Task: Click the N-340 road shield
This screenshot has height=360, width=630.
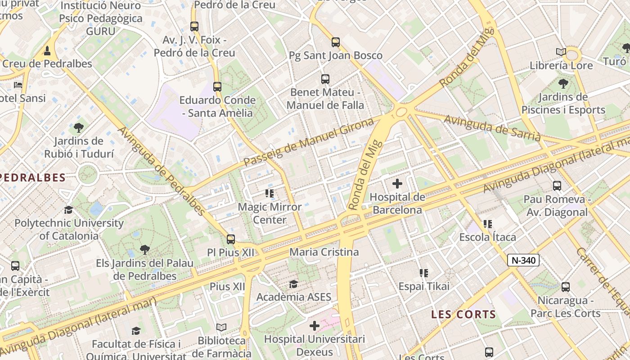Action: point(523,260)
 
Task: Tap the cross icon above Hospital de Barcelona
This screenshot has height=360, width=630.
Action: point(397,184)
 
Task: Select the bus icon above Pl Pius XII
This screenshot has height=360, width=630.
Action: point(231,239)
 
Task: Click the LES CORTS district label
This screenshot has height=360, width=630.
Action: point(463,315)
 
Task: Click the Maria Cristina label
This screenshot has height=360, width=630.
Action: point(324,252)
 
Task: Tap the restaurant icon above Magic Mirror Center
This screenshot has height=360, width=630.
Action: point(270,194)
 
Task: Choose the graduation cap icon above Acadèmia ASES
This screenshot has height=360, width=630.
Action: point(293,284)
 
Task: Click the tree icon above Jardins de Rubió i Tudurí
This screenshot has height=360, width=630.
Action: point(79,128)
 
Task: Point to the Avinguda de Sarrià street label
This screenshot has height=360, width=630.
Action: point(492,128)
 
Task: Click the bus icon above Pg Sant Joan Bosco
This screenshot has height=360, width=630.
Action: point(335,42)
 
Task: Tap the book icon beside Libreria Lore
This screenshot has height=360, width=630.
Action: point(561,52)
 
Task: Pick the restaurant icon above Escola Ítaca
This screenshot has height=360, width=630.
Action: point(487,224)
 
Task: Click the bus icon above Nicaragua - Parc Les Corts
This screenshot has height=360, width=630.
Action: point(566,287)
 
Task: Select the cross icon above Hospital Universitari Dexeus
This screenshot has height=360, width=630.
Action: point(315,325)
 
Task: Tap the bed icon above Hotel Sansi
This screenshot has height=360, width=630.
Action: point(18,85)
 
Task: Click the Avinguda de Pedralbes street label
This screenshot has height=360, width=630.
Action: point(162,171)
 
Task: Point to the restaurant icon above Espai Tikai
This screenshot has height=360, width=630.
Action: point(423,273)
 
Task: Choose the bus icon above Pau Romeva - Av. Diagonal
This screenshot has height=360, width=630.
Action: point(557,185)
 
